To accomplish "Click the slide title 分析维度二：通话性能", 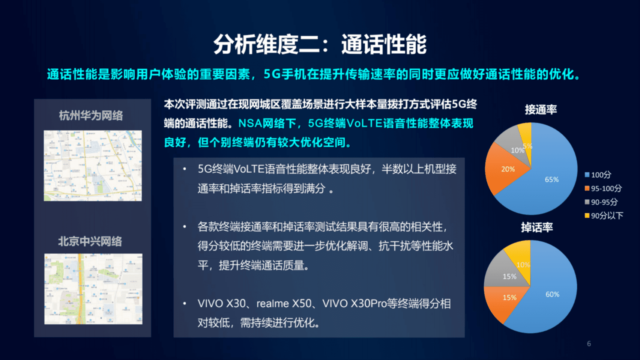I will click(x=320, y=44).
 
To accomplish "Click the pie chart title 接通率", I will click(x=541, y=110).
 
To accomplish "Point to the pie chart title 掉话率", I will click(x=537, y=227).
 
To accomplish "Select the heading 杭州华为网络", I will click(x=91, y=116).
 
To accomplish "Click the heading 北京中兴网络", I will click(x=90, y=241).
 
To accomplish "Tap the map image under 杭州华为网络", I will click(x=93, y=166).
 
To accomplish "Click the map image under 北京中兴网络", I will click(x=93, y=289).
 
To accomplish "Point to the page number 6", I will click(x=589, y=343).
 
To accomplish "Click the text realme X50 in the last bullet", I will click(x=284, y=304).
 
